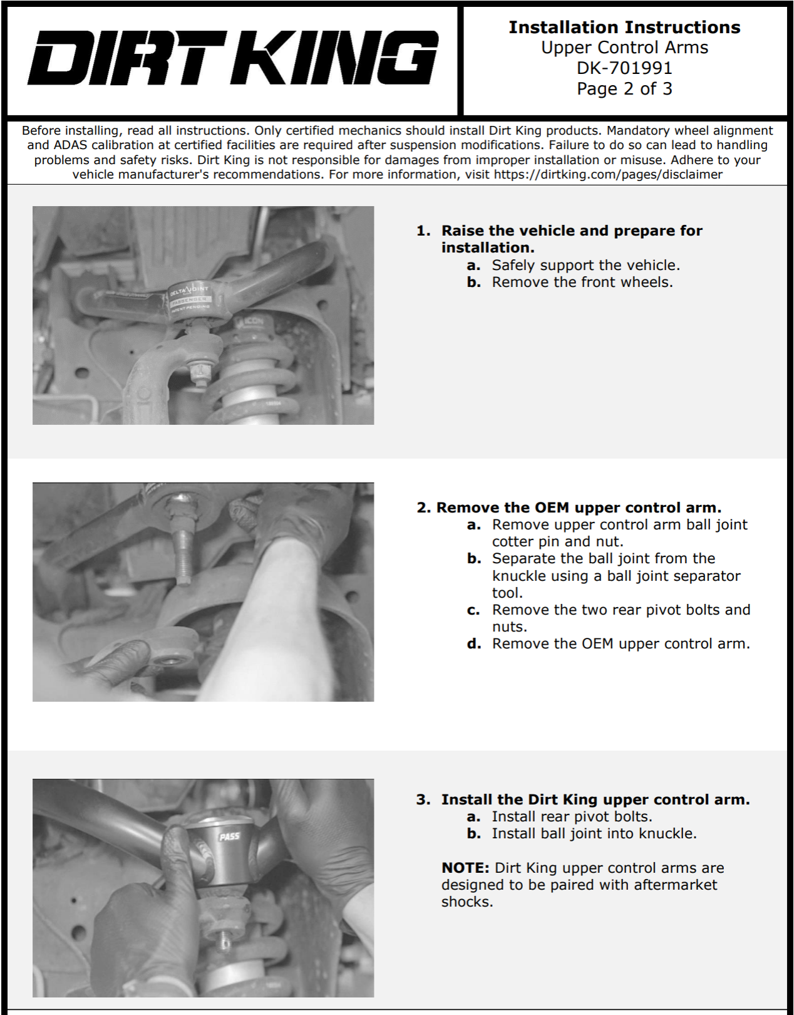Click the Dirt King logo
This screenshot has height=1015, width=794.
[x=232, y=59]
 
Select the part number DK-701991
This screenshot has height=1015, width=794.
[x=624, y=68]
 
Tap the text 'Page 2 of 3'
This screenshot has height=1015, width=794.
[x=624, y=88]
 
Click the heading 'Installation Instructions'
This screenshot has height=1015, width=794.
[x=624, y=27]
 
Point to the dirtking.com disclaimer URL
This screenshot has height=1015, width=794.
[x=608, y=175]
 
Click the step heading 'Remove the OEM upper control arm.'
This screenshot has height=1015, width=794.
[x=578, y=507]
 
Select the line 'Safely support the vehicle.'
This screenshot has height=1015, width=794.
[x=585, y=265]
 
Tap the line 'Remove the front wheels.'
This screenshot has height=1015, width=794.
[x=582, y=282]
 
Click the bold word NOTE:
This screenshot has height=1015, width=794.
[x=465, y=868]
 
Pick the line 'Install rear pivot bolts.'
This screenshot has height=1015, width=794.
[x=572, y=816]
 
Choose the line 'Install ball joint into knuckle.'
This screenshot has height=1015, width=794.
[x=594, y=833]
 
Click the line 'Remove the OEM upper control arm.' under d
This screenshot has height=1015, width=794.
[x=621, y=643]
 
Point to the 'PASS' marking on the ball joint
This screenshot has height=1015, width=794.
[x=229, y=836]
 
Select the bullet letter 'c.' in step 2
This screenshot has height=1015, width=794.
[x=474, y=610]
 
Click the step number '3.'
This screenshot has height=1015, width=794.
[x=423, y=799]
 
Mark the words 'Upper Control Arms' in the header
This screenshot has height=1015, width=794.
[x=624, y=48]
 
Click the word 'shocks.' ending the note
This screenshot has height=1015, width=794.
[x=467, y=902]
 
